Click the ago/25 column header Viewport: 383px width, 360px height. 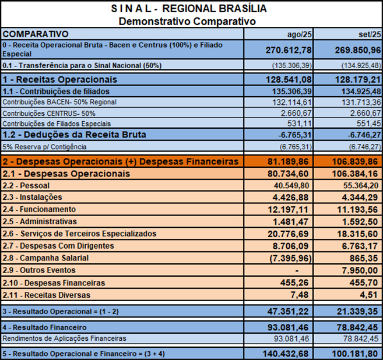(297, 34)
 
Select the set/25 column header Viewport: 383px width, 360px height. (368, 34)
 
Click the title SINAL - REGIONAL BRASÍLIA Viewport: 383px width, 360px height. (188, 9)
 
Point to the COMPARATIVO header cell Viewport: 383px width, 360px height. (36, 34)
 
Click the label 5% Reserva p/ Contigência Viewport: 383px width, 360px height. (44, 147)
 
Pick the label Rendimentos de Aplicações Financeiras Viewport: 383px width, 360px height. (65, 338)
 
